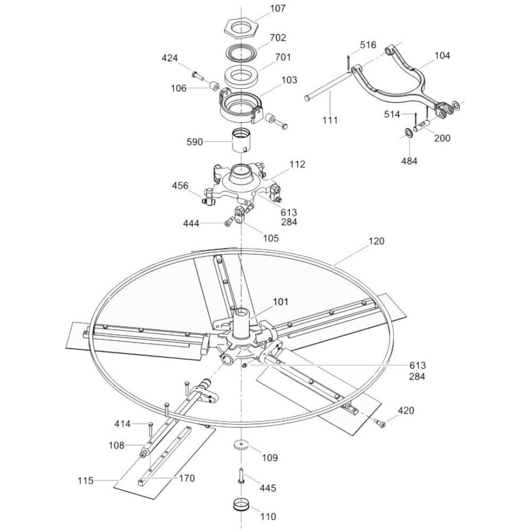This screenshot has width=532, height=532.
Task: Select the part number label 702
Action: click(278, 37)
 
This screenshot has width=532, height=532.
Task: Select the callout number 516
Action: click(368, 45)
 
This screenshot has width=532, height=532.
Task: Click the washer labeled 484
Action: click(409, 132)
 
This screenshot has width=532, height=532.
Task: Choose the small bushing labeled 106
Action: click(214, 86)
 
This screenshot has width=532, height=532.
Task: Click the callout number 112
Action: click(297, 164)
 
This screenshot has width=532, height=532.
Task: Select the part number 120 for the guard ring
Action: click(376, 241)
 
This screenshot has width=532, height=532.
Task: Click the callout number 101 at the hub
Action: click(280, 302)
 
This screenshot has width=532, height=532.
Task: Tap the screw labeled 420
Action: click(381, 423)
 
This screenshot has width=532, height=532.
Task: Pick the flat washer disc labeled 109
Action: click(241, 444)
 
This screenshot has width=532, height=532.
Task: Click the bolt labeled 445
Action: click(240, 476)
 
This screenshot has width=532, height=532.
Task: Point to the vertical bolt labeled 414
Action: click(150, 430)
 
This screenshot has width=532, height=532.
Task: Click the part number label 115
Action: click(85, 481)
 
